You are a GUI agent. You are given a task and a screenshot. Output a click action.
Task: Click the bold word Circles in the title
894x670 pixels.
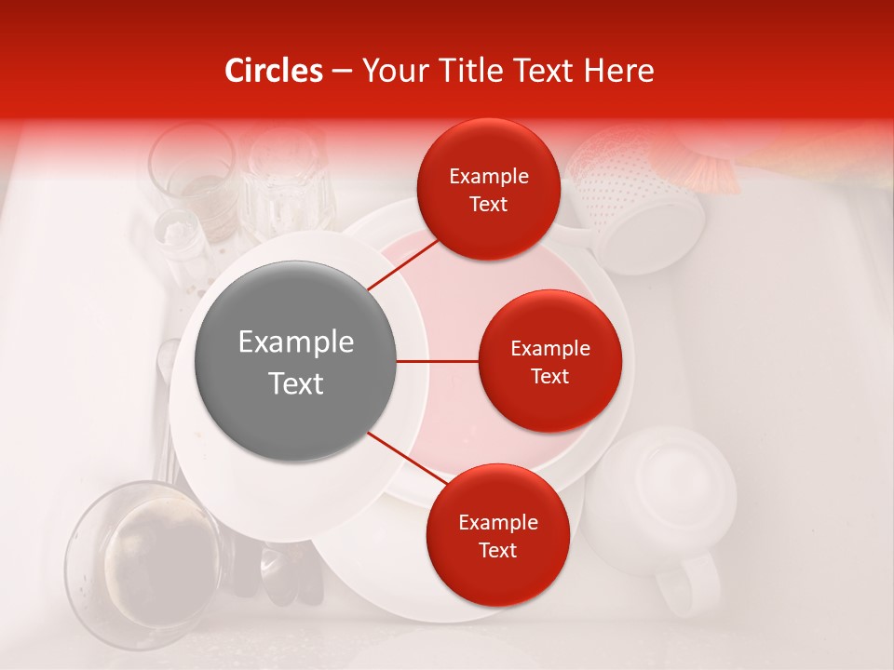pyautogui.click(x=273, y=71)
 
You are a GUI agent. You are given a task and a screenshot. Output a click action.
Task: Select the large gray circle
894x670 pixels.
pyautogui.click(x=295, y=361)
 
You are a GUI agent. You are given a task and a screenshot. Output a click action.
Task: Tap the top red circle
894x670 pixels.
pyautogui.click(x=489, y=189)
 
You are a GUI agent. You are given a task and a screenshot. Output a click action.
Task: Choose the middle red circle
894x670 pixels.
pyautogui.click(x=549, y=361)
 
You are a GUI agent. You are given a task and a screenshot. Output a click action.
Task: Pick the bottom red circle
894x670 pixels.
pyautogui.click(x=497, y=535)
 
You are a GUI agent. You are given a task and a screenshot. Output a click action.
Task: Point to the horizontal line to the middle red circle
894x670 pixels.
pyautogui.click(x=438, y=361)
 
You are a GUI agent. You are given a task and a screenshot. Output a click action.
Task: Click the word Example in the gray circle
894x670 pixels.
pyautogui.click(x=295, y=342)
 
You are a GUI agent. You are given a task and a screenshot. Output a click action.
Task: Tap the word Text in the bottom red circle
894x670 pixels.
pyautogui.click(x=497, y=550)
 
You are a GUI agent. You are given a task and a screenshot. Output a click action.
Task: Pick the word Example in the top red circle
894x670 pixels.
pyautogui.click(x=489, y=176)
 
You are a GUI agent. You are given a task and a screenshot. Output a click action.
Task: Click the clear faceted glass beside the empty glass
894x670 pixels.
pyautogui.click(x=284, y=181)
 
